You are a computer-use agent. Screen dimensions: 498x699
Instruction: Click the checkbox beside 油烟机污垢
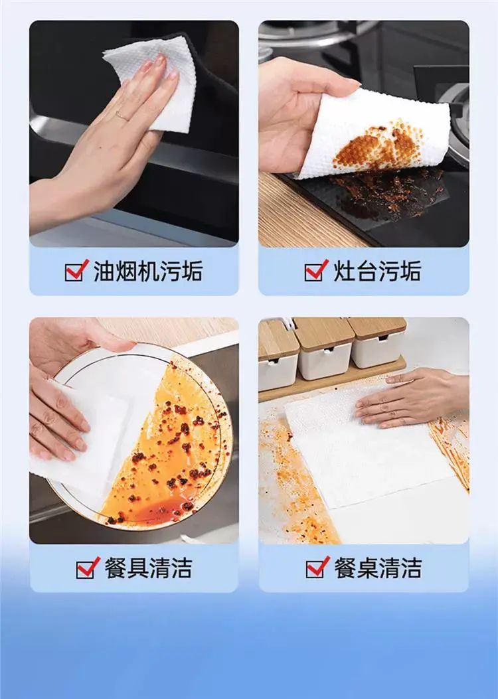76,270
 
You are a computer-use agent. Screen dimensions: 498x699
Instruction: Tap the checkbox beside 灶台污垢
316,270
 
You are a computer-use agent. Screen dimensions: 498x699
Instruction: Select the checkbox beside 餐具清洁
88,567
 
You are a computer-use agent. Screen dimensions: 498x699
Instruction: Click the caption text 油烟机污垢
148,271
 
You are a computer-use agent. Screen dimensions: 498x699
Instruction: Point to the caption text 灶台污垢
377,271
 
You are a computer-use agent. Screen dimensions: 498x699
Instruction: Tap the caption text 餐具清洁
149,568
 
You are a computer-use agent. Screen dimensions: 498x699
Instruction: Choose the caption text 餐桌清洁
378,568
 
